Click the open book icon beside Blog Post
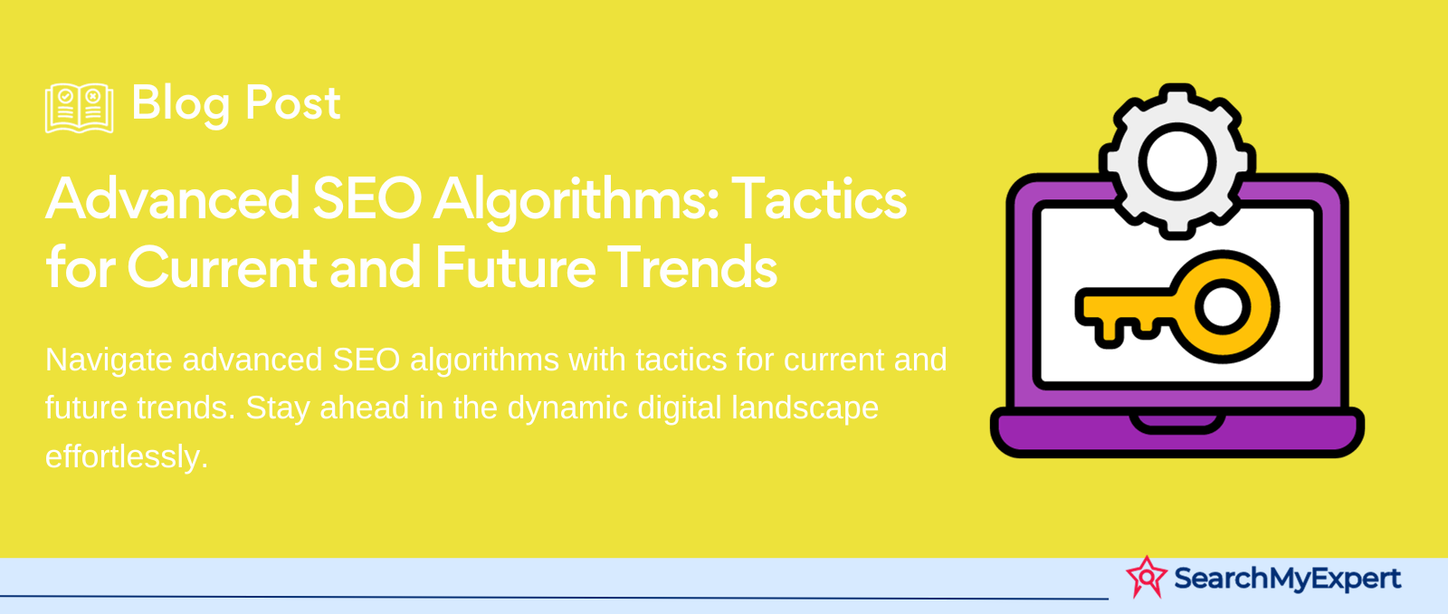pos(79,108)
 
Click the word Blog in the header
pos(181,104)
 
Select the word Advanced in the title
pos(173,199)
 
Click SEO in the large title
pos(367,199)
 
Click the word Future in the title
pos(515,267)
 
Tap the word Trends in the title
pos(691,267)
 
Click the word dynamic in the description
pos(567,409)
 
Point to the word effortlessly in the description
pos(127,456)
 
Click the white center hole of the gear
pos(1176,161)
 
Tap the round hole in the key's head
pos(1222,307)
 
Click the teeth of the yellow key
pos(1126,328)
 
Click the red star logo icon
pos(1146,577)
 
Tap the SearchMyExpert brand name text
pos(1287,579)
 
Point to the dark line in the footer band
pos(554,597)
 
